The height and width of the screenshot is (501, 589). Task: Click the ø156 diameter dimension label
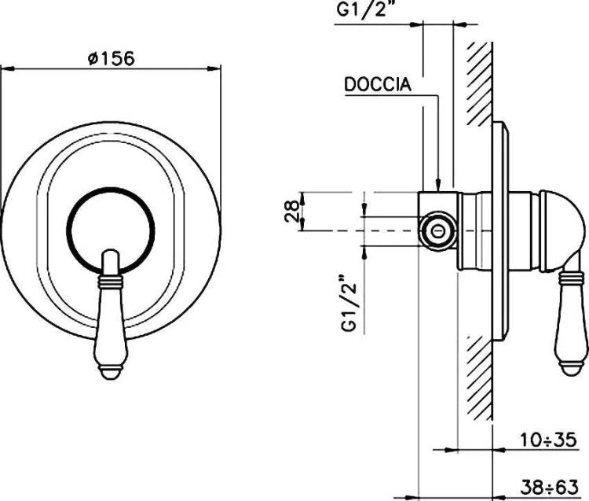coord(111,59)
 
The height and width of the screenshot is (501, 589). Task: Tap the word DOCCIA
coord(378,85)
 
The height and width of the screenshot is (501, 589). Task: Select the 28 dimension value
coord(292,212)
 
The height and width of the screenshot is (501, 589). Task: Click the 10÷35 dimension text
coord(548,440)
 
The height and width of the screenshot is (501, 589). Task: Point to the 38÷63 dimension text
coord(549,488)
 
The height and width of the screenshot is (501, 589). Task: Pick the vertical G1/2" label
coord(349,304)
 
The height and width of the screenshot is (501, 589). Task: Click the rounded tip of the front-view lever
coord(112,374)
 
